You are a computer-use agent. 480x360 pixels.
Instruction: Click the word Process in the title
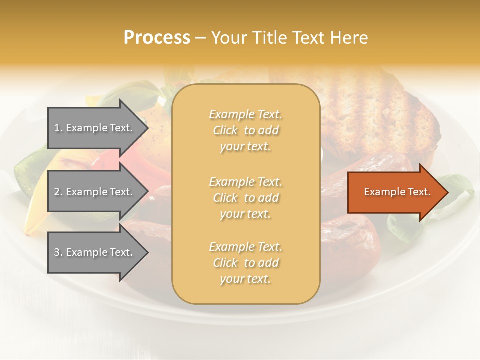pos(157,38)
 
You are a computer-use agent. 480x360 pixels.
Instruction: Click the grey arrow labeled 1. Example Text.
pos(95,128)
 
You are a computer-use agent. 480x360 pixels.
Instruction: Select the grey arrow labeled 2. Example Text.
pos(95,192)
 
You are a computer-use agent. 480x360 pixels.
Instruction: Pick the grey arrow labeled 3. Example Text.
pos(95,252)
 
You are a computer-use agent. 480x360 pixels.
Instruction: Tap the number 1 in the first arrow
pos(57,128)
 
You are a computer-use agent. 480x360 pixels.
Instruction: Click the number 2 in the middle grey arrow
pos(57,192)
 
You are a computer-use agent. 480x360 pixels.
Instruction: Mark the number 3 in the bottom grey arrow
pos(57,252)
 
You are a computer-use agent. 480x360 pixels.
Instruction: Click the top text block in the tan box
pos(245,130)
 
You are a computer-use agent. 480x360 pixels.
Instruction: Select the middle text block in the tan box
pos(245,197)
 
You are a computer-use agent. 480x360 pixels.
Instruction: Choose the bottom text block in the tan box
pos(245,263)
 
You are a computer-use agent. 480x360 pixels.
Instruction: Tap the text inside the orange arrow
pos(397,192)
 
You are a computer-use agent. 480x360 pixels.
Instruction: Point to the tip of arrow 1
pos(147,128)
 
